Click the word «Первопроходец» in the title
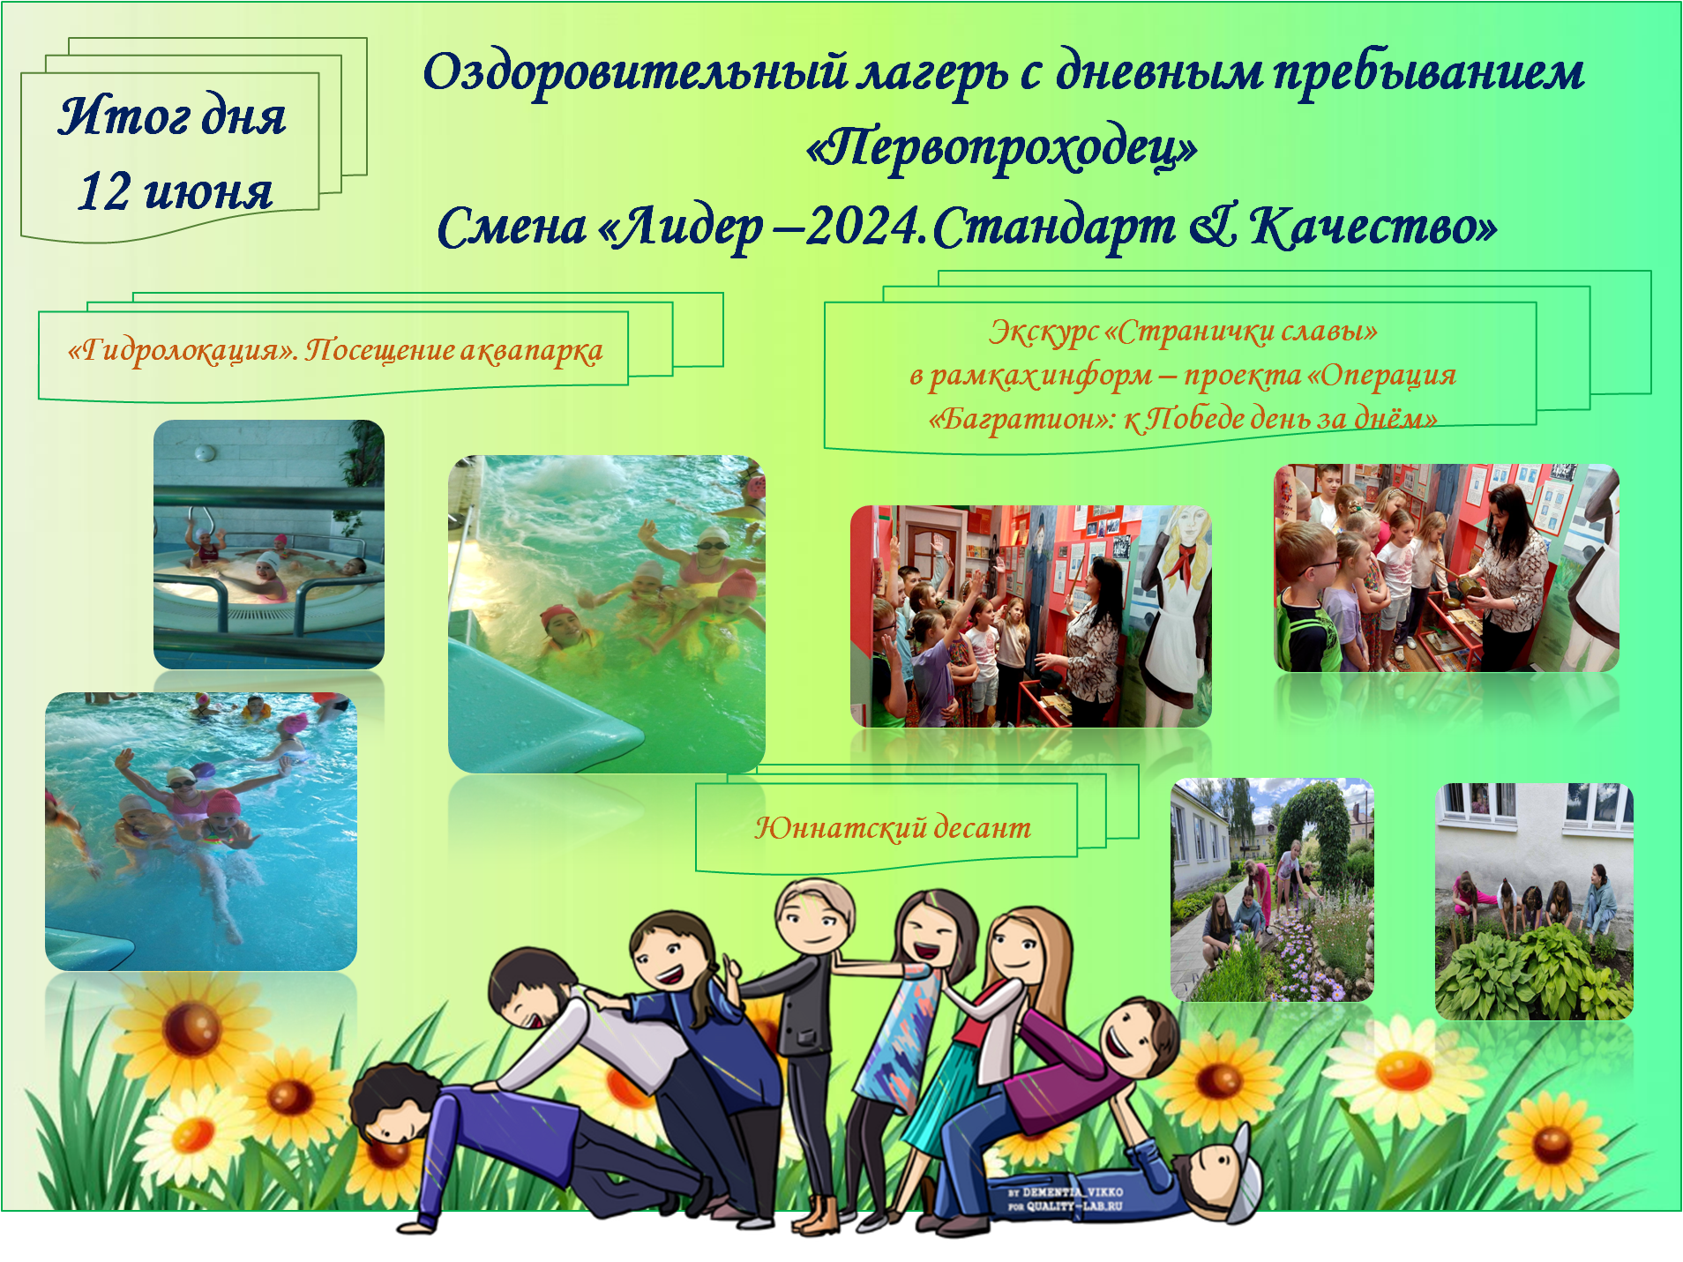click(1001, 148)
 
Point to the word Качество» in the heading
click(1373, 227)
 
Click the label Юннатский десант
click(892, 827)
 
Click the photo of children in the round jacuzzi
click(269, 544)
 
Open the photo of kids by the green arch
click(1272, 889)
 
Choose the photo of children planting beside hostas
click(1534, 901)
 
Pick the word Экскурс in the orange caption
click(1043, 332)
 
